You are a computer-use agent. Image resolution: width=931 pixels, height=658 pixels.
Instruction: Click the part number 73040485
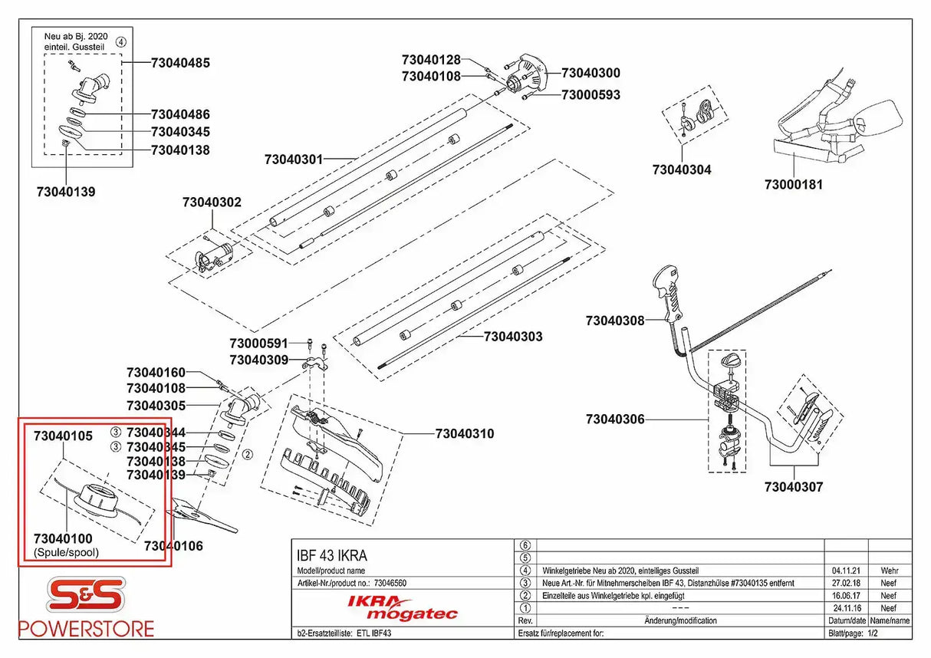(180, 63)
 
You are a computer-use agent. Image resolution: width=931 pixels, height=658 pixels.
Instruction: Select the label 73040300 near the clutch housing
(591, 74)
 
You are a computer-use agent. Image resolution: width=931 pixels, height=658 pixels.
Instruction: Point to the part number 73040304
(681, 169)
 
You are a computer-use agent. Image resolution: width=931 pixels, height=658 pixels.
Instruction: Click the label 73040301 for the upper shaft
(293, 160)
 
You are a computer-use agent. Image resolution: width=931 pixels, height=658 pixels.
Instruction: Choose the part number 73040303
(513, 337)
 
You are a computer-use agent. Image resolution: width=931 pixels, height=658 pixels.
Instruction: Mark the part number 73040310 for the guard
(465, 434)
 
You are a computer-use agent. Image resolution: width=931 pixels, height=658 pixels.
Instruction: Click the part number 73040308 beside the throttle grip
(615, 321)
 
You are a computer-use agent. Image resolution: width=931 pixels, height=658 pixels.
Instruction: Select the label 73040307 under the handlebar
(794, 486)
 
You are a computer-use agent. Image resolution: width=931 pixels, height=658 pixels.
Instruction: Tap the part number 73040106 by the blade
(174, 546)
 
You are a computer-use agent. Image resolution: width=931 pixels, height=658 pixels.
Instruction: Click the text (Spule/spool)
(66, 552)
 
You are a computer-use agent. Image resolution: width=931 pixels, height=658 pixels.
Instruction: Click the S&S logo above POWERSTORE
(85, 596)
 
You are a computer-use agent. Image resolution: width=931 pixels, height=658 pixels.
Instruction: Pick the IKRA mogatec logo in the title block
(403, 607)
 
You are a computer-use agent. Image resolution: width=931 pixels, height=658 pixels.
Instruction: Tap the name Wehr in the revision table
(890, 571)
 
